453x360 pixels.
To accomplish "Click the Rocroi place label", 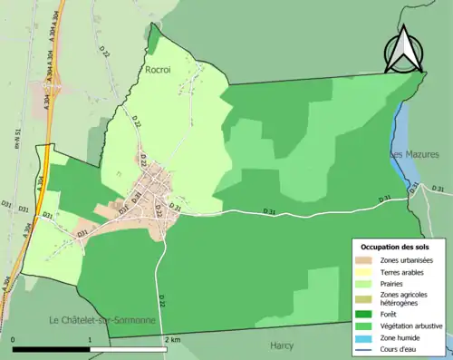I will [x=159, y=67].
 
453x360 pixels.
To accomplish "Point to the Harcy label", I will [x=283, y=345].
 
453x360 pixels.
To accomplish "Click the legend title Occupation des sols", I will [x=396, y=247].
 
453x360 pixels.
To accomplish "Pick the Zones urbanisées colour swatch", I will [x=366, y=260].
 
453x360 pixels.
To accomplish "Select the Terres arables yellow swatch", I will [x=366, y=271].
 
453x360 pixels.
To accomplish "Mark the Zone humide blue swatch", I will [x=366, y=335].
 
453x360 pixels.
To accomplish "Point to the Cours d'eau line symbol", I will [x=366, y=345].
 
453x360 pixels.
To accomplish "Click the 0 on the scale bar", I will [x=14, y=339].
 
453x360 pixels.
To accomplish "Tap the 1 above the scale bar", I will [x=90, y=339].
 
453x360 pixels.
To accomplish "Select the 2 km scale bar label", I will [x=173, y=339].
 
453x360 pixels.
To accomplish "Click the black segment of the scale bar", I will [x=52, y=349].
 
